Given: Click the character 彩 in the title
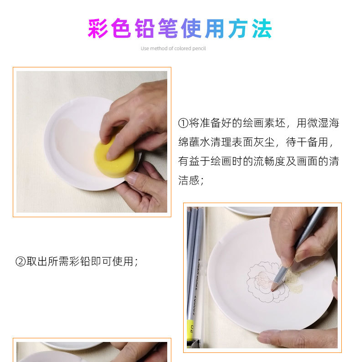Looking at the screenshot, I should click(x=98, y=29).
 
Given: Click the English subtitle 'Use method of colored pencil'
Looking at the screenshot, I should click(x=173, y=49).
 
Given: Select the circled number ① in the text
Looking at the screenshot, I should click(x=183, y=123).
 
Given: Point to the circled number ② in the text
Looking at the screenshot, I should click(x=21, y=262).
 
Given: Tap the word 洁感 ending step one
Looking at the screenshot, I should click(x=189, y=180).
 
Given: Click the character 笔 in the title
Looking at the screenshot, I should click(x=168, y=29).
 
